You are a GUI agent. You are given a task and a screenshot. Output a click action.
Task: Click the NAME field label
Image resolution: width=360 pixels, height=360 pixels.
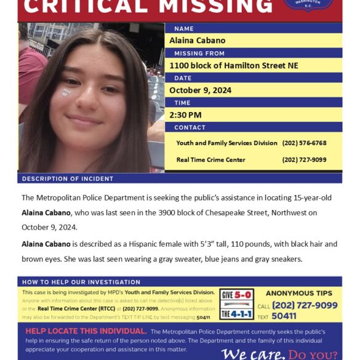point(184,29)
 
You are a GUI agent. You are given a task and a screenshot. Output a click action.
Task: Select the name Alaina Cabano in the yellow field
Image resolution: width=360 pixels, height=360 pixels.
point(197,41)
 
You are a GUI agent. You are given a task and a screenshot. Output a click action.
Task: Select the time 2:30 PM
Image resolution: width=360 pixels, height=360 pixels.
point(185,115)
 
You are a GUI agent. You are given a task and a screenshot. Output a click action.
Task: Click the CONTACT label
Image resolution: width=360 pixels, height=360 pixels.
point(190,127)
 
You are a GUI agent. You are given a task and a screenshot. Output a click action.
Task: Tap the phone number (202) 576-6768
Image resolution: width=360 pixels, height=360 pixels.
point(304,143)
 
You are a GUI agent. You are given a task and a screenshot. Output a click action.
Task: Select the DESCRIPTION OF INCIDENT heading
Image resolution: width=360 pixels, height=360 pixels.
point(68,178)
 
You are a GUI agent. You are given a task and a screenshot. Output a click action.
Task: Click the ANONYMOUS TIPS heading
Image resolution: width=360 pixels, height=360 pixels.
point(298,294)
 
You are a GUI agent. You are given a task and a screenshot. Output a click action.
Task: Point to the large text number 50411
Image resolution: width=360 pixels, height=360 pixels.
point(284,316)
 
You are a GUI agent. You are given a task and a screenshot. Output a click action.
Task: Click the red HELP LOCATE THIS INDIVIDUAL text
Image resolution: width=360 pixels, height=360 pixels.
point(85,331)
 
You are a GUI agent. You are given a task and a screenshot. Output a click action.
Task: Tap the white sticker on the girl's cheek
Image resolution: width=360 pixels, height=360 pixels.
point(66,92)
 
